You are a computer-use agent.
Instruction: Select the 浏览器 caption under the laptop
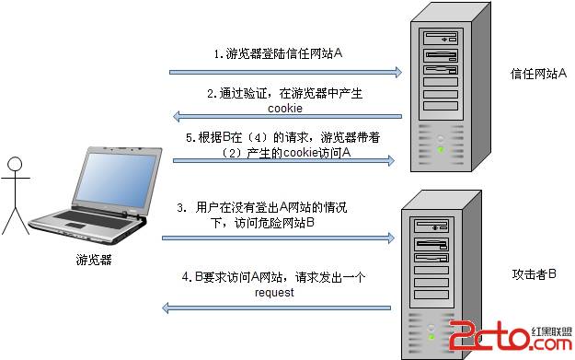pos(94,261)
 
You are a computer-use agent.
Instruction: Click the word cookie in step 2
pos(286,108)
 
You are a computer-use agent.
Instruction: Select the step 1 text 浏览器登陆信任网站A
pos(279,54)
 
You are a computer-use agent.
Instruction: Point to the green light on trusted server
pos(441,149)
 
